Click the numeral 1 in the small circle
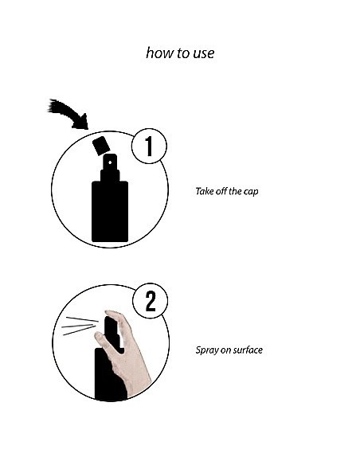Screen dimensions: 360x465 point(149,147)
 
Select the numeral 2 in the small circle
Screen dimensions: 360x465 point(151,301)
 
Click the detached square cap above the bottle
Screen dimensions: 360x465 point(101,146)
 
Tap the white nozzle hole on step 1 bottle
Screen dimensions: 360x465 point(110,162)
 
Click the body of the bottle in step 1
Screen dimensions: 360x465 point(110,212)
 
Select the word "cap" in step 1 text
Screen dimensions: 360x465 point(251,192)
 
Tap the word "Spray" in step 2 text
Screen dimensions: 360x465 point(207,350)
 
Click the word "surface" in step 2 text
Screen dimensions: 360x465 point(248,350)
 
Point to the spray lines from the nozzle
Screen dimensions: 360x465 point(80,326)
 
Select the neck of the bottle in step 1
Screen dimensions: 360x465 point(110,175)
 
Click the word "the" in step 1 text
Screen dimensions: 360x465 point(235,191)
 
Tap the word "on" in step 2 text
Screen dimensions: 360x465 point(226,351)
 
